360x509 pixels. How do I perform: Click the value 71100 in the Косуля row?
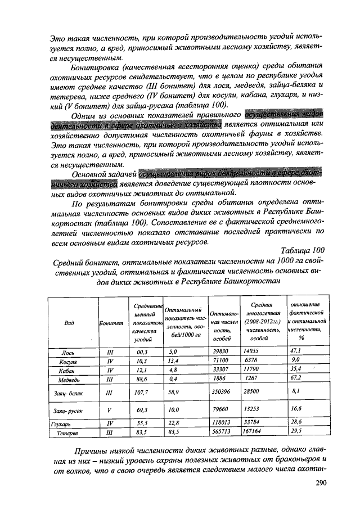(220, 360)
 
